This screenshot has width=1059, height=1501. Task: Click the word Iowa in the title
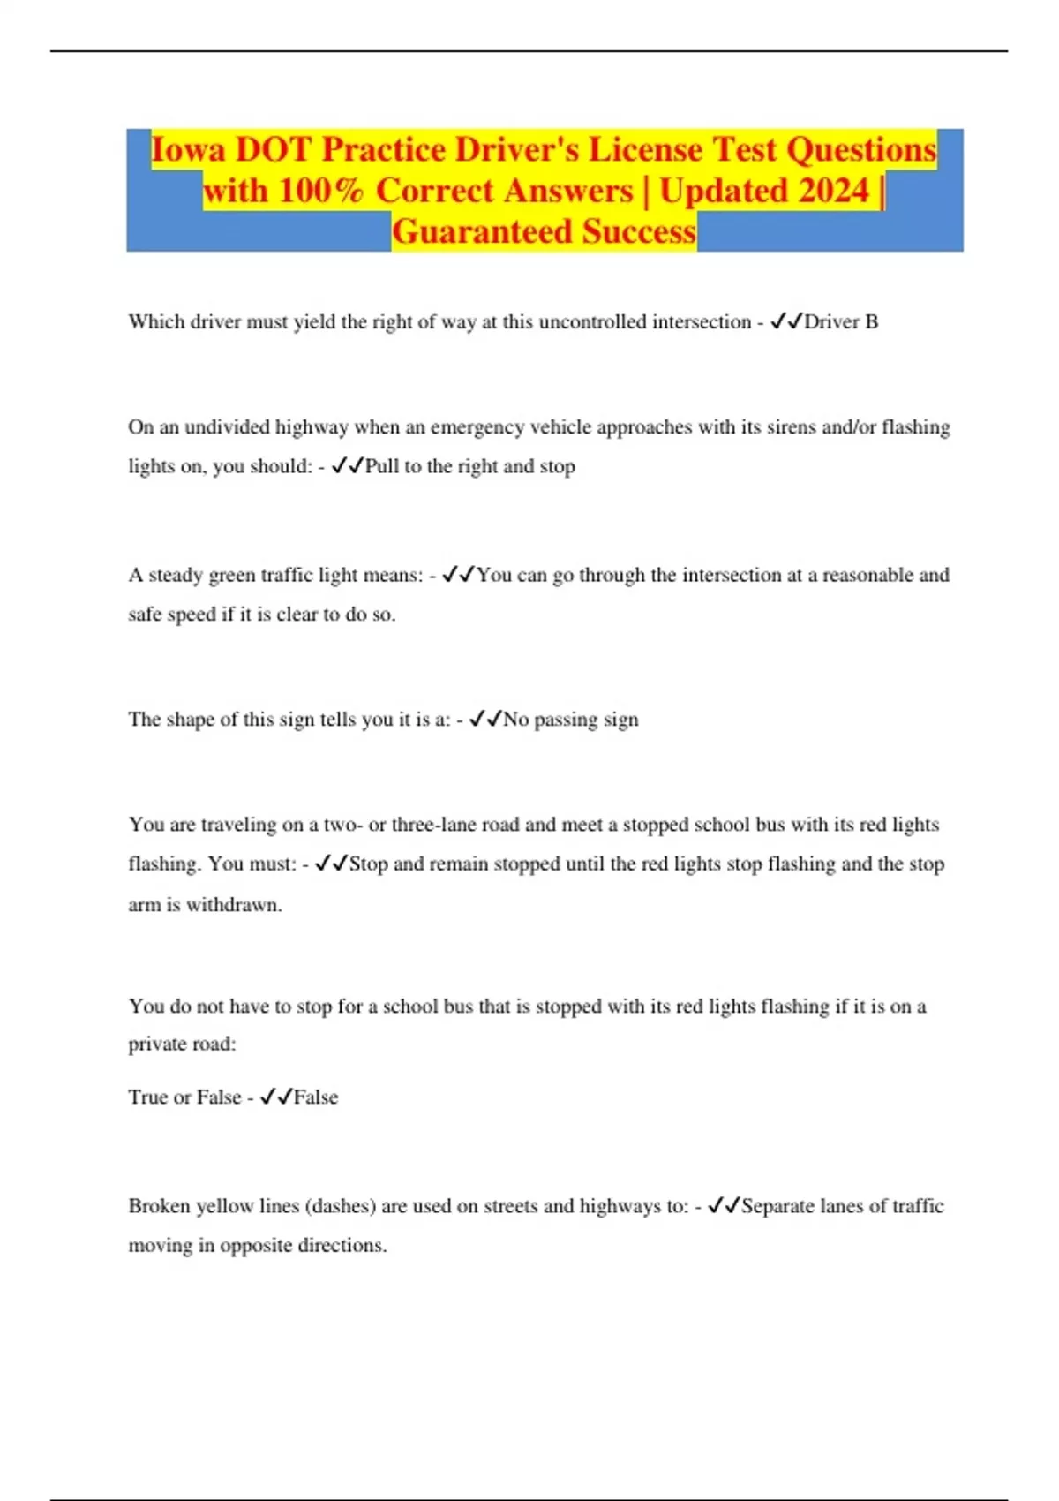pyautogui.click(x=188, y=150)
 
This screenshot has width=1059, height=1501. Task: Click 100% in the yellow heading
pyautogui.click(x=319, y=191)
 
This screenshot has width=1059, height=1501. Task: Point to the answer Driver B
pyautogui.click(x=841, y=322)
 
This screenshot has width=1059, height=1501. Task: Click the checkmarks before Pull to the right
pyautogui.click(x=348, y=466)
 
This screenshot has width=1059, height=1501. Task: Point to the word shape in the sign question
pyautogui.click(x=190, y=720)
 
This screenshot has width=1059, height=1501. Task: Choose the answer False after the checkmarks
pyautogui.click(x=316, y=1097)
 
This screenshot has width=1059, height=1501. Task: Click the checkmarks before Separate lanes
pyautogui.click(x=724, y=1206)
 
